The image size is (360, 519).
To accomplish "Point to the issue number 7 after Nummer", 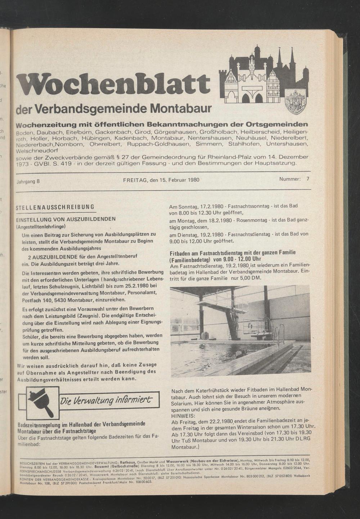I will (308, 179).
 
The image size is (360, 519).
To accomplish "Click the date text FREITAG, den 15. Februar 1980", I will (161, 180).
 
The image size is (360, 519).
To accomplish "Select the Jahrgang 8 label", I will (28, 181).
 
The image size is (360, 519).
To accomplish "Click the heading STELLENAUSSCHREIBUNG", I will (55, 207).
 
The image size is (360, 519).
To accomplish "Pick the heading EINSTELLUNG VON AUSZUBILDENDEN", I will (68, 219).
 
